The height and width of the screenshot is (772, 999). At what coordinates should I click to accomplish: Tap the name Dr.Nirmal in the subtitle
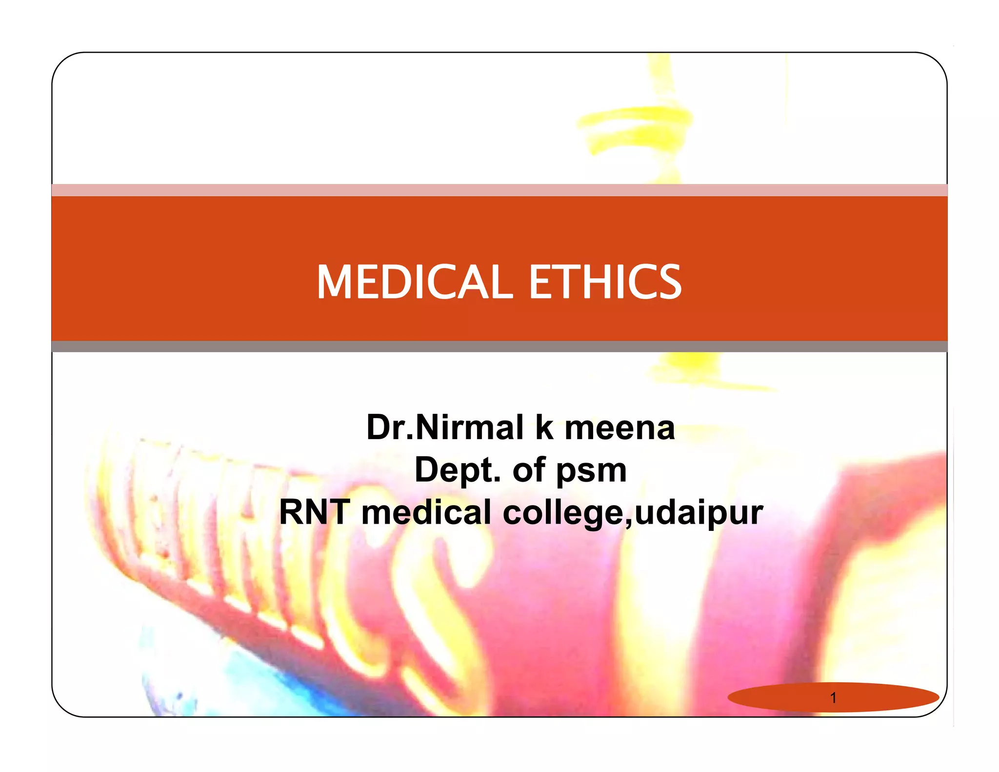click(445, 427)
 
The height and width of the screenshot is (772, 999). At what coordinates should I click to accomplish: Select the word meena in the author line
click(619, 427)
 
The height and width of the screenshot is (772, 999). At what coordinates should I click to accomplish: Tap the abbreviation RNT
click(315, 512)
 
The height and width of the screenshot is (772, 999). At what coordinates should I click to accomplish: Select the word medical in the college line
click(426, 512)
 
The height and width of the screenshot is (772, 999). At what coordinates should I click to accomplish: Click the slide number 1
click(833, 698)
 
